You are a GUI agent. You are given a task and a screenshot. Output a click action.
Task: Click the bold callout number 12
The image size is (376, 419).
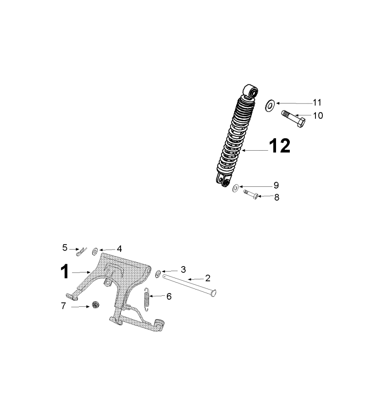279,146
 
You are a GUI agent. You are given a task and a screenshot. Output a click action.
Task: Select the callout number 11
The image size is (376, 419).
317,102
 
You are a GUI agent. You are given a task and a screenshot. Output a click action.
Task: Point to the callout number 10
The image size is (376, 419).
318,115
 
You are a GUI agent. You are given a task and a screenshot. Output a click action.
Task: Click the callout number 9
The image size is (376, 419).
276,185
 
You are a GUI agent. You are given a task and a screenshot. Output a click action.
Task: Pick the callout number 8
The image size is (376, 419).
276,197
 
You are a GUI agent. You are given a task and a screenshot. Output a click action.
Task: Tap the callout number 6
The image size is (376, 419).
169,296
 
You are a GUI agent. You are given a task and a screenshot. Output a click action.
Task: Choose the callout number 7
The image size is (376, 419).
64,305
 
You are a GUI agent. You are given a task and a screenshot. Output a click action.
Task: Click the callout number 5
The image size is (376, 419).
65,248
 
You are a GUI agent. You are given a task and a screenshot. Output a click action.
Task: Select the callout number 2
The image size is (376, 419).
208,278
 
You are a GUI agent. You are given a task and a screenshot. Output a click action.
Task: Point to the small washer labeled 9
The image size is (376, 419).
236,187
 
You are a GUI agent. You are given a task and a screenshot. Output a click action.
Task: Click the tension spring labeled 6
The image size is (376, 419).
147,299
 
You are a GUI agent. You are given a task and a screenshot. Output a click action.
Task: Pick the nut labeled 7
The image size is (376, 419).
96,305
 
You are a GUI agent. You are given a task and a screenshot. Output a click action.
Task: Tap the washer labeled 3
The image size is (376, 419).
158,273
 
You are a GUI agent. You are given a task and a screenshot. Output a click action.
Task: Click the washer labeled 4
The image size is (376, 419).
95,250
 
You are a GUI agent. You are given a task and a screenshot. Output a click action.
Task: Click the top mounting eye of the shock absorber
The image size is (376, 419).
251,91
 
